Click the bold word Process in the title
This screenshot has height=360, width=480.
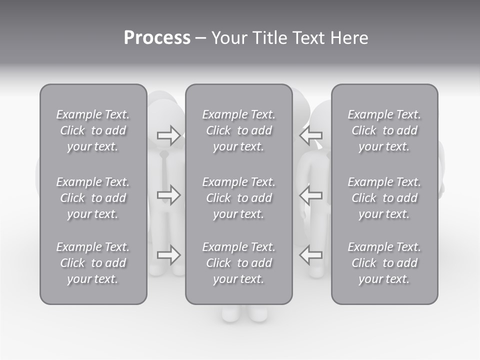(157, 38)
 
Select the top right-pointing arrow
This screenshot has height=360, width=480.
(168, 135)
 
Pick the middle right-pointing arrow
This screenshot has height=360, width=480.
(168, 194)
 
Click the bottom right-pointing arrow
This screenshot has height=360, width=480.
(168, 255)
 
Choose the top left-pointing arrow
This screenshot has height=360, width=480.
(311, 135)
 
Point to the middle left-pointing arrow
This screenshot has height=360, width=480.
(311, 194)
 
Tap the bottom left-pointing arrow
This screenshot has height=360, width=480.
(311, 255)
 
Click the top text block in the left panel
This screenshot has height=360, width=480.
(93, 130)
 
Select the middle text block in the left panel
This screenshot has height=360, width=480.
(93, 198)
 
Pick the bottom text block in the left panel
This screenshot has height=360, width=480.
(93, 263)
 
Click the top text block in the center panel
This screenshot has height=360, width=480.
(239, 130)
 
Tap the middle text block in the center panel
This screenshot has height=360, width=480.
(239, 198)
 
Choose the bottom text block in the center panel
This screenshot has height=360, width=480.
(239, 263)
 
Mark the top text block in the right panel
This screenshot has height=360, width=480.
(384, 130)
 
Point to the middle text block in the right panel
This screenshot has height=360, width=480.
(384, 198)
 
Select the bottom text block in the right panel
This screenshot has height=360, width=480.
(384, 263)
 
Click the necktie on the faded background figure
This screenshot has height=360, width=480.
(164, 175)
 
